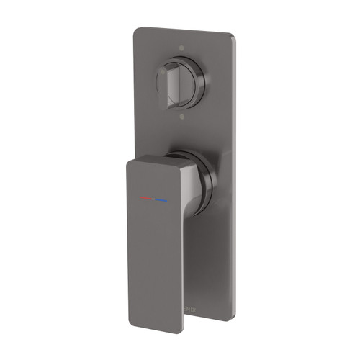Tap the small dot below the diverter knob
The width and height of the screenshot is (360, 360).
181,115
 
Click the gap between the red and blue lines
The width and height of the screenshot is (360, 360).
153,197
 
